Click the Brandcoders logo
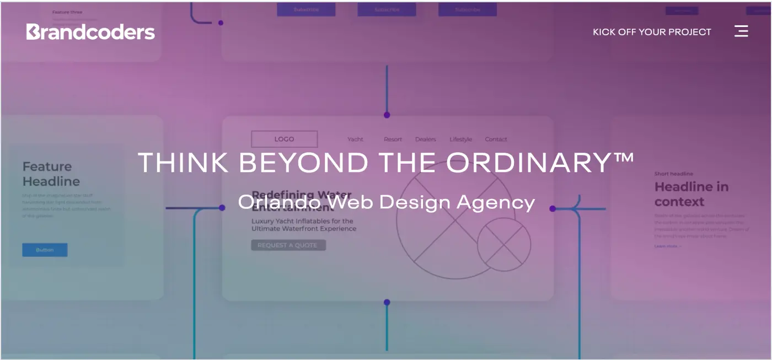[90, 32]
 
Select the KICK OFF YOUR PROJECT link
[652, 32]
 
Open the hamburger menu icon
[741, 31]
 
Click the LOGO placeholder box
[284, 139]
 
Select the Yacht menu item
[356, 139]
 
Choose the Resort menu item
[393, 139]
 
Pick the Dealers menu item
[426, 139]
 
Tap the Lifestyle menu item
[460, 139]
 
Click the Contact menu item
[496, 139]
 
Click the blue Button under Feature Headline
[45, 250]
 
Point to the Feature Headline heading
[51, 174]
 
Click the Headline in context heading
[691, 194]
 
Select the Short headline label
[673, 174]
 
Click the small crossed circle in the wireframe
[503, 244]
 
